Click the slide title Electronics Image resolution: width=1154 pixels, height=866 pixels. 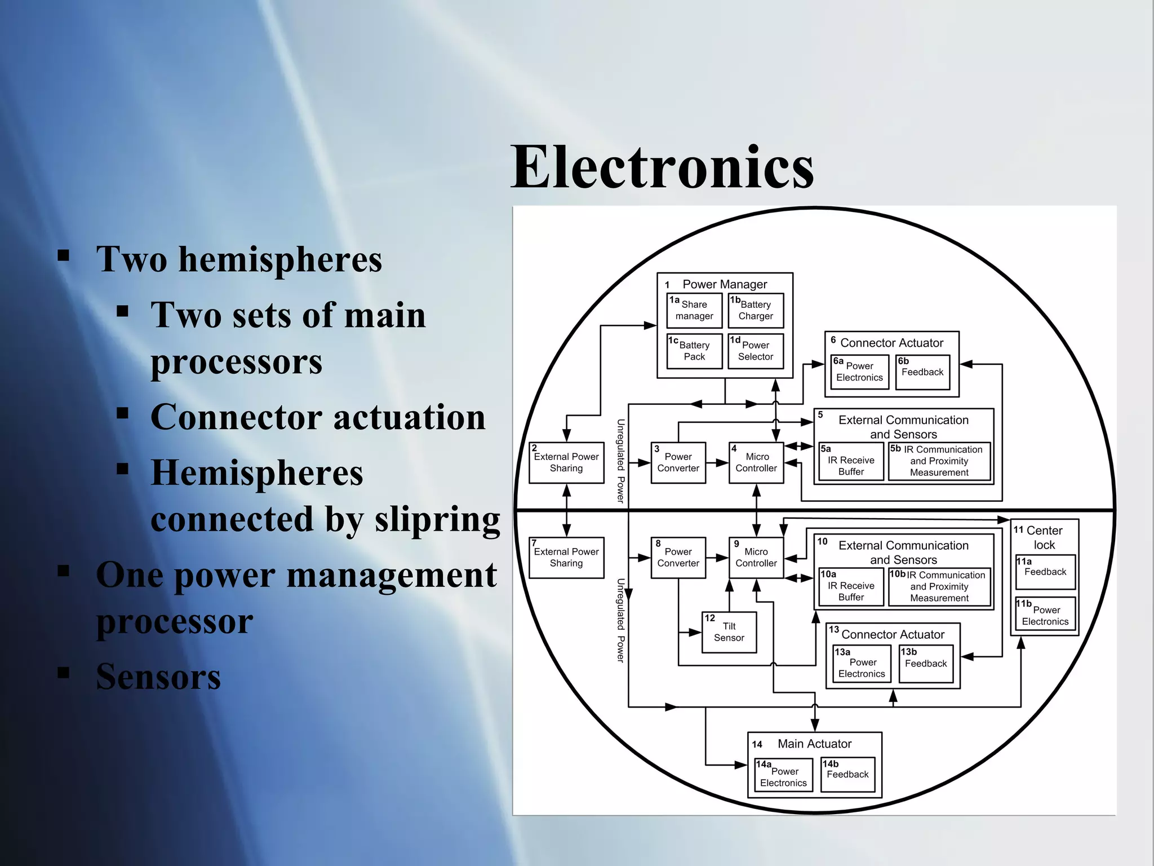pyautogui.click(x=662, y=167)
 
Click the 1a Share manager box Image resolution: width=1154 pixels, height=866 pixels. pyautogui.click(x=694, y=311)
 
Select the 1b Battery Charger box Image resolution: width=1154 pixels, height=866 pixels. pyautogui.click(x=756, y=311)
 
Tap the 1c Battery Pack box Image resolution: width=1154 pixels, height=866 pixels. pyautogui.click(x=694, y=351)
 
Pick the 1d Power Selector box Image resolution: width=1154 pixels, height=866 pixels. pyautogui.click(x=756, y=351)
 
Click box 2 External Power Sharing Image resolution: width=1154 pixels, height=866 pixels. pyautogui.click(x=566, y=463)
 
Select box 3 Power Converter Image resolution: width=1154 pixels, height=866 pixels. pyautogui.click(x=678, y=463)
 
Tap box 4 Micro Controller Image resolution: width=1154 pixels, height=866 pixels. pyautogui.click(x=756, y=463)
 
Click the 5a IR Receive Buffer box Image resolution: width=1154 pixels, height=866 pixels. pyautogui.click(x=851, y=462)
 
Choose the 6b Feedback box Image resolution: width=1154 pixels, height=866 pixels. pyautogui.click(x=922, y=372)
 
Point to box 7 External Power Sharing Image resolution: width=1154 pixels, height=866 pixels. pyautogui.click(x=566, y=558)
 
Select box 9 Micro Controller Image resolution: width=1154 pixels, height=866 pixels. pyautogui.click(x=756, y=558)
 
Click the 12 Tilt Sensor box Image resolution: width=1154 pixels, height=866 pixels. pyautogui.click(x=729, y=633)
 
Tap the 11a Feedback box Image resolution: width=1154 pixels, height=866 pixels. pyautogui.click(x=1045, y=572)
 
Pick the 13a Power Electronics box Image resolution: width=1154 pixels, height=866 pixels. pyautogui.click(x=862, y=664)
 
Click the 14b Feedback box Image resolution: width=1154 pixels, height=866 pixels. pyautogui.click(x=847, y=775)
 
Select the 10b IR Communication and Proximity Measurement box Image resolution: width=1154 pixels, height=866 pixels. pyautogui.click(x=939, y=587)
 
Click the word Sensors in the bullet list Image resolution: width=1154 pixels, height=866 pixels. pyautogui.click(x=158, y=677)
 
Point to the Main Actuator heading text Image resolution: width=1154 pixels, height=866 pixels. pyautogui.click(x=814, y=744)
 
